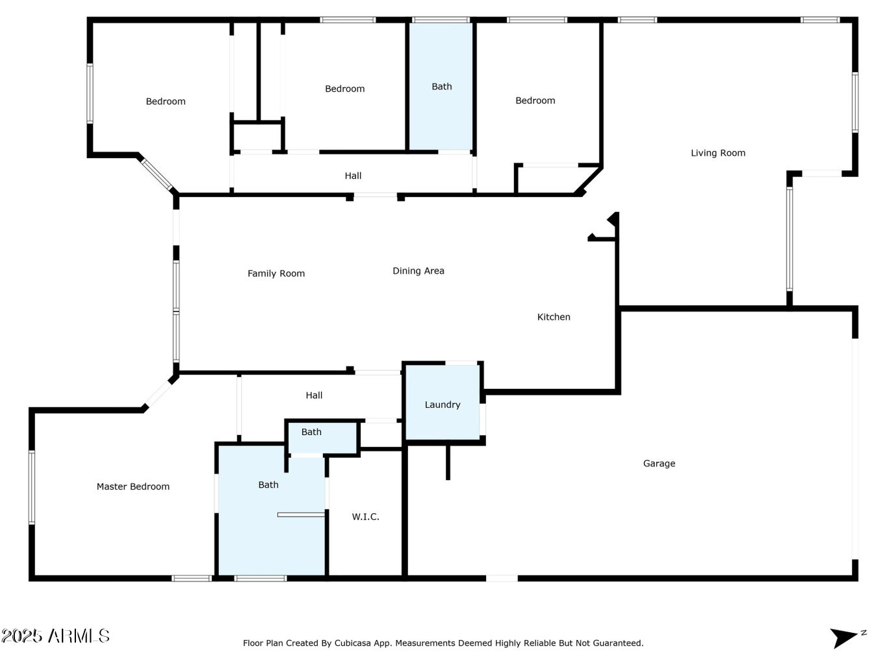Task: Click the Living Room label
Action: (717, 153)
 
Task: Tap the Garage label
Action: (659, 464)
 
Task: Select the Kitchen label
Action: (554, 317)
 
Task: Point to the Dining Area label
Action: (418, 271)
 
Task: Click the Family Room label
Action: (276, 274)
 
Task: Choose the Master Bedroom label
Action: (133, 486)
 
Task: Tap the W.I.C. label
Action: (365, 517)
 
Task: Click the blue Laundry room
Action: (443, 402)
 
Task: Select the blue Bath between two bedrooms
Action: (441, 86)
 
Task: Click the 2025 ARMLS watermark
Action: (55, 636)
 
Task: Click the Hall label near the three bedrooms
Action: (353, 176)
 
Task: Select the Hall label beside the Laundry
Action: (314, 395)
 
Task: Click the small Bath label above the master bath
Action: (311, 432)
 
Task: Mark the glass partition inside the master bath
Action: (301, 514)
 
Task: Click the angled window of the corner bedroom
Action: (157, 174)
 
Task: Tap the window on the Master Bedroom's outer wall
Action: (32, 487)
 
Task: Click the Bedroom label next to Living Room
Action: (535, 101)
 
